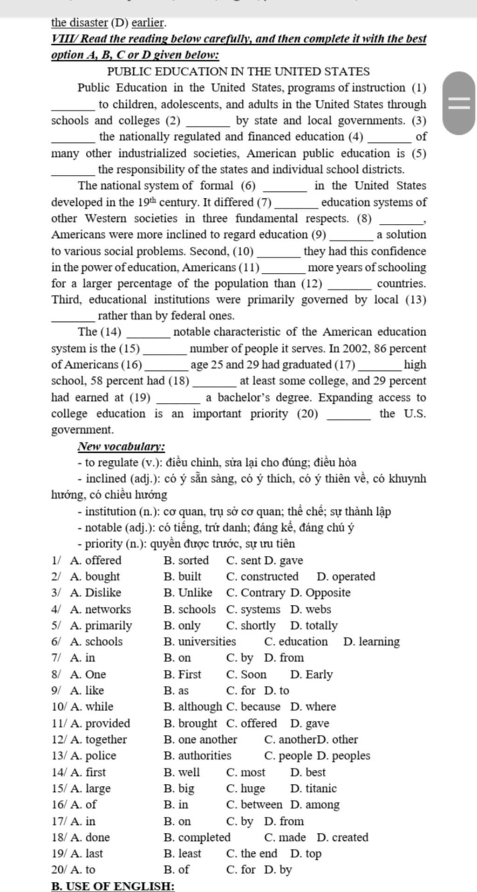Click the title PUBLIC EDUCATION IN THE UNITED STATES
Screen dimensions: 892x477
[238, 72]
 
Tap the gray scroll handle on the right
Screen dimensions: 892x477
[460, 103]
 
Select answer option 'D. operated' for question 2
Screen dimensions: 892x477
[346, 577]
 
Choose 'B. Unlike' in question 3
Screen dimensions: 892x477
[188, 593]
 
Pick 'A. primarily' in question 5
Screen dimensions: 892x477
[101, 626]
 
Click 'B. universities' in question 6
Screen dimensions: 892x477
[200, 642]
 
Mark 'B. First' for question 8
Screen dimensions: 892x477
[183, 675]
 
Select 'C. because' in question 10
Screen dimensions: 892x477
[253, 707]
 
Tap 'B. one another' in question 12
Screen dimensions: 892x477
[200, 740]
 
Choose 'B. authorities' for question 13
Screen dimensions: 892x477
[198, 756]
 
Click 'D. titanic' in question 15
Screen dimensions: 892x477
[313, 788]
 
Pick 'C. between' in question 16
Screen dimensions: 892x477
[254, 805]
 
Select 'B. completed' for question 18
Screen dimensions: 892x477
[197, 837]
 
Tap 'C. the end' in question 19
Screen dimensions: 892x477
[252, 854]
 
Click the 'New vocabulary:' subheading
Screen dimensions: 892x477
[121, 447]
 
